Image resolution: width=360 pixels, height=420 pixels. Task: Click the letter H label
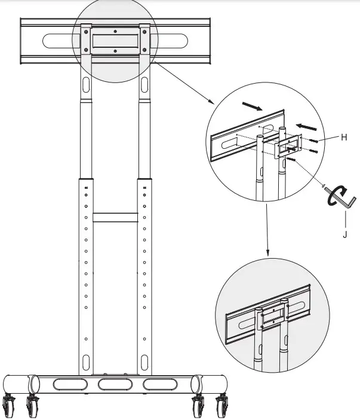344,137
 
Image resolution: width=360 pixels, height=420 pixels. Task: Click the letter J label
344,235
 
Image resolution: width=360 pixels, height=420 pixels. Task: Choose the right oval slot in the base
161,383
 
